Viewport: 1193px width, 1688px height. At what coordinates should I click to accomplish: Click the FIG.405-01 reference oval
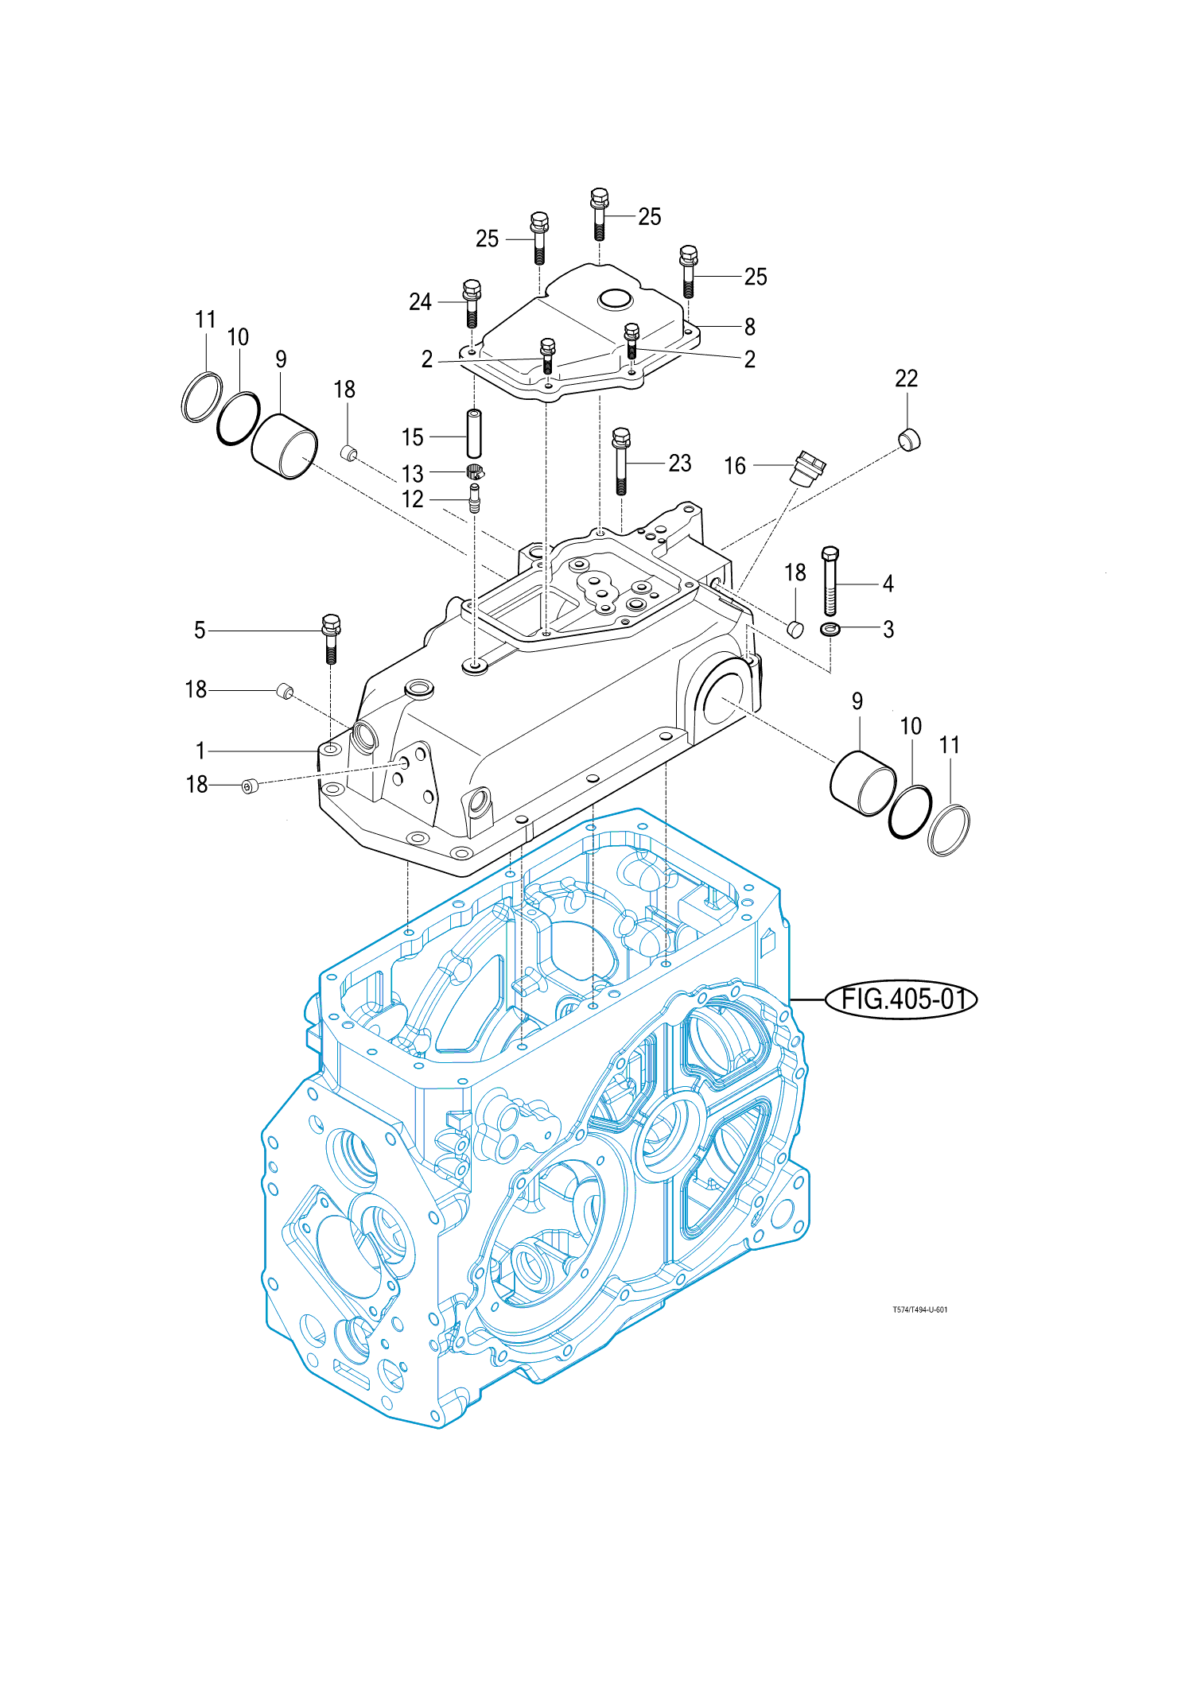pyautogui.click(x=901, y=999)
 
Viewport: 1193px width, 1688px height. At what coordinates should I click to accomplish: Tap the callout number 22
pyautogui.click(x=906, y=378)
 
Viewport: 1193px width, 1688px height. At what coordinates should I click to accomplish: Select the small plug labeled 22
pyautogui.click(x=909, y=438)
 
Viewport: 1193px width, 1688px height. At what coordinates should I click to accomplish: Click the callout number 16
pyautogui.click(x=735, y=466)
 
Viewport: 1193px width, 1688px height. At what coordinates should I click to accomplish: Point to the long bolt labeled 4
pyautogui.click(x=830, y=581)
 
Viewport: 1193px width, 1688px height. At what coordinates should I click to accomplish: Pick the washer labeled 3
pyautogui.click(x=830, y=630)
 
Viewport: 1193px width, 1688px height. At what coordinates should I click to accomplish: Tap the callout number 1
pyautogui.click(x=200, y=751)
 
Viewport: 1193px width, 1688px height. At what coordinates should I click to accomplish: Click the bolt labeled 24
pyautogui.click(x=472, y=304)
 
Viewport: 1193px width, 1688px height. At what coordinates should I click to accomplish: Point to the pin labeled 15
pyautogui.click(x=474, y=433)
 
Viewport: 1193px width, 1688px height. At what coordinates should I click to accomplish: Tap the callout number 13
pyautogui.click(x=413, y=474)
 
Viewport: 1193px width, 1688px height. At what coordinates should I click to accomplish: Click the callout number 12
pyautogui.click(x=413, y=499)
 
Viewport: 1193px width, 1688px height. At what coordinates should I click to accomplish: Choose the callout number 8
pyautogui.click(x=749, y=327)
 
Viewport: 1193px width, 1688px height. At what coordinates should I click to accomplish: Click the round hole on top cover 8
pyautogui.click(x=614, y=300)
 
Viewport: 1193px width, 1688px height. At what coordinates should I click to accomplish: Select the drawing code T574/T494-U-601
pyautogui.click(x=920, y=1310)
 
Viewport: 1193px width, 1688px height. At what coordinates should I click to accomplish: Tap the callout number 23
pyautogui.click(x=679, y=463)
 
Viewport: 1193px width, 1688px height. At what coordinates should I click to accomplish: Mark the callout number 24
pyautogui.click(x=420, y=302)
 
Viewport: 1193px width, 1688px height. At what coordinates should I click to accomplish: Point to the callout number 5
pyautogui.click(x=200, y=631)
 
